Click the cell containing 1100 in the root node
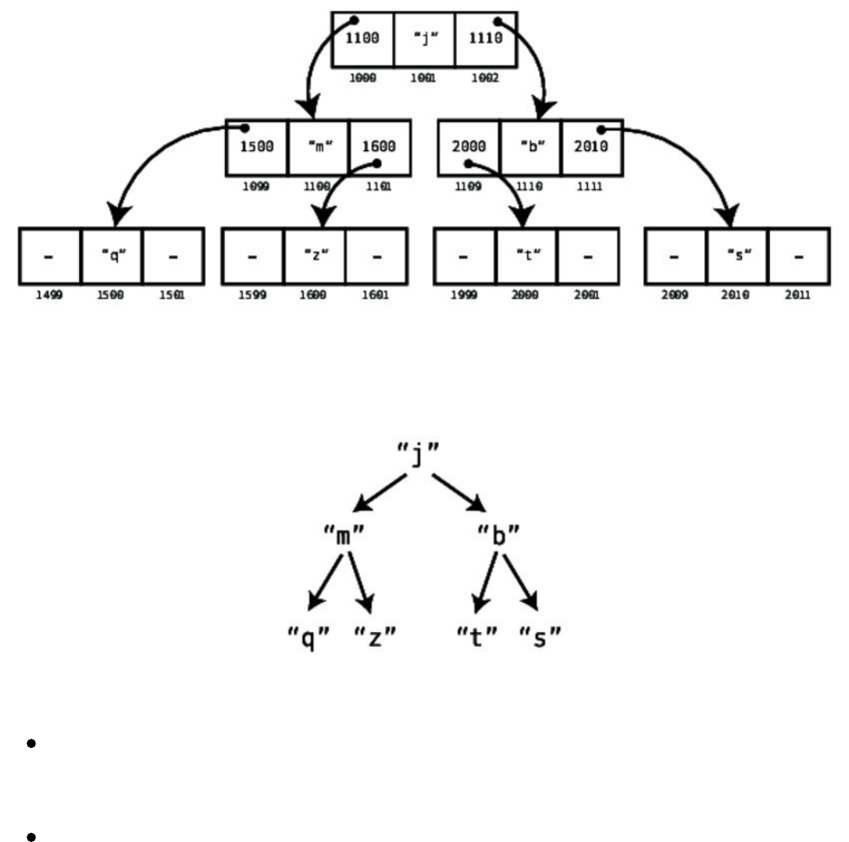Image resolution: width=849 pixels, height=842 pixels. (362, 39)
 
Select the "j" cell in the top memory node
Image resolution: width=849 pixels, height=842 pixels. (424, 39)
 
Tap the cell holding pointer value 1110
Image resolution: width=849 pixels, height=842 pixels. (486, 39)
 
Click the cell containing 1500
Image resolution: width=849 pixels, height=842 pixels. (256, 148)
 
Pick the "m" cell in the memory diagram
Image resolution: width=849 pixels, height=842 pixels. (318, 148)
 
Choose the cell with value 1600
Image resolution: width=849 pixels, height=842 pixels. (379, 148)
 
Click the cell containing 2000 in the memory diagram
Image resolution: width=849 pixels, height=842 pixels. (468, 148)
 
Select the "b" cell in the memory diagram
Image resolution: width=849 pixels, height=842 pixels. (530, 148)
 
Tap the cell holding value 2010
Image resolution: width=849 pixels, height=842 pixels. (591, 148)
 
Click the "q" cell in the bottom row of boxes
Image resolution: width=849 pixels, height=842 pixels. (111, 256)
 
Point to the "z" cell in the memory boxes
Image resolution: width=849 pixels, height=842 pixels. (314, 256)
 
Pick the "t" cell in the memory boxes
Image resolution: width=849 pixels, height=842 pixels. (526, 256)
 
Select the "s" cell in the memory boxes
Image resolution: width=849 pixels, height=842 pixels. (737, 256)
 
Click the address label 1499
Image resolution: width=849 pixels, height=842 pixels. (49, 296)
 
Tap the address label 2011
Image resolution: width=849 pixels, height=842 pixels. (797, 296)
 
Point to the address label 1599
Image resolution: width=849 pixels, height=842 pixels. (252, 296)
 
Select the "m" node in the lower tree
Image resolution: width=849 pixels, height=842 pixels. (343, 536)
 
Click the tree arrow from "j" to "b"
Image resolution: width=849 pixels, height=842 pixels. (460, 493)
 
